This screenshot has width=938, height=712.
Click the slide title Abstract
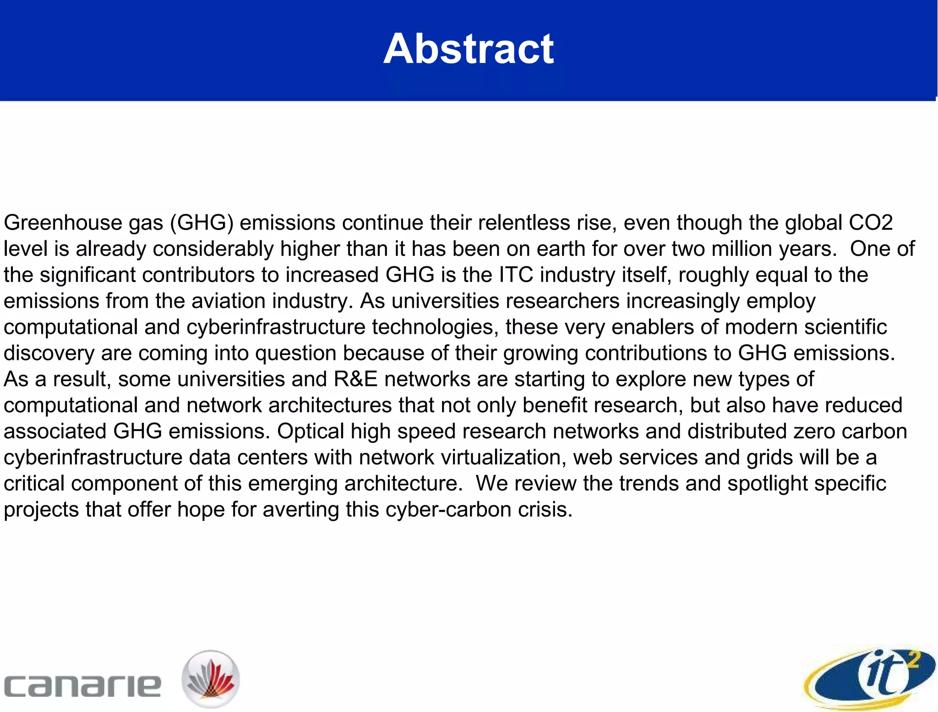469,49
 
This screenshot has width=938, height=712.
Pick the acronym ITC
516,275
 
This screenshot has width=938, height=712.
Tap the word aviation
229,301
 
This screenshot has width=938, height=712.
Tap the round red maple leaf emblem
211,679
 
